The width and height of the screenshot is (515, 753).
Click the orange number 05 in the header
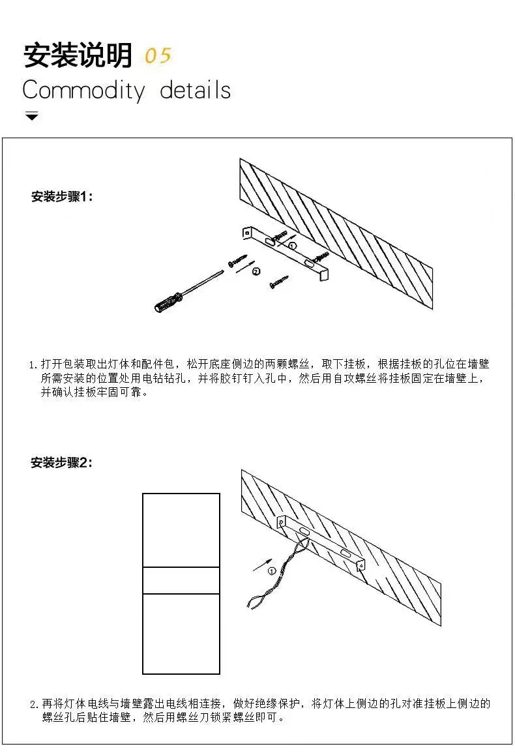coord(157,56)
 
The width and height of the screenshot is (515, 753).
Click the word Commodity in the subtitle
coord(83,90)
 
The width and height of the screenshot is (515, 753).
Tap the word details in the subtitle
coord(195,90)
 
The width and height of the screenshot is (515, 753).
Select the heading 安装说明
coord(78,56)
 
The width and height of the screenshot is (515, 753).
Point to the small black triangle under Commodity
coord(31,117)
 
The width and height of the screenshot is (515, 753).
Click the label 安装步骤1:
coord(63,196)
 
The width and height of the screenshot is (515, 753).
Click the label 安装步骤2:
coord(63,463)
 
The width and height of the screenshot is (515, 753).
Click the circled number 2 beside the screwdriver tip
coord(256,271)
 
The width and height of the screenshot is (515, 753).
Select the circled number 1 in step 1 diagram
coord(292,246)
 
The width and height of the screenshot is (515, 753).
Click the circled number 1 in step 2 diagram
coord(271,571)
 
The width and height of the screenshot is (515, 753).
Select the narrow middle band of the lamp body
coord(181,580)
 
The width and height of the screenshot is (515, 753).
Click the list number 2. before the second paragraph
coord(35,705)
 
